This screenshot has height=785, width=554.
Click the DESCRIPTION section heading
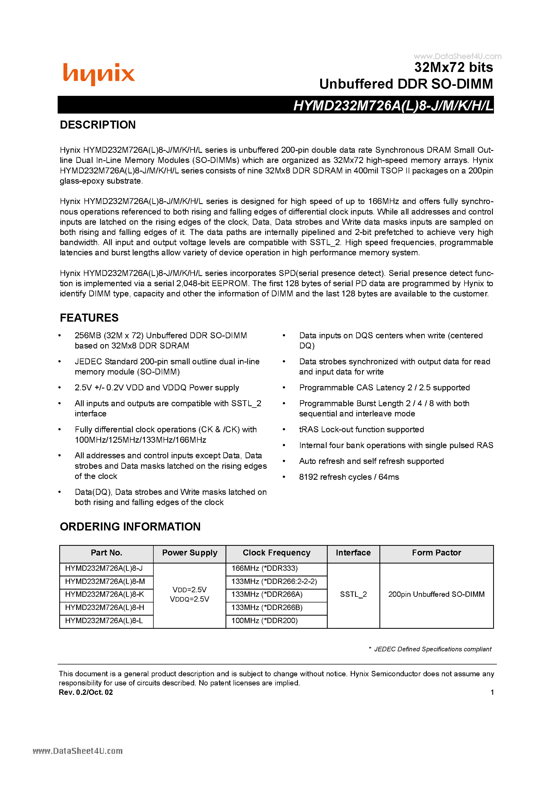[98, 125]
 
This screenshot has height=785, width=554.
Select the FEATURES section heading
[89, 318]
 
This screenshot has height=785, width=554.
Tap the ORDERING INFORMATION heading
[130, 526]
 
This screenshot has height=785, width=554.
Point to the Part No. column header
[106, 553]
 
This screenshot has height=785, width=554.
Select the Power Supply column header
[190, 553]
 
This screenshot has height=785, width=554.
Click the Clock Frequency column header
[276, 553]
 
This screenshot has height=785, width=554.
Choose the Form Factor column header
[436, 553]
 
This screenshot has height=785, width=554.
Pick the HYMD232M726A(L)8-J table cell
[104, 568]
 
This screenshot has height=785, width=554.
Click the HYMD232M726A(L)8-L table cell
[104, 620]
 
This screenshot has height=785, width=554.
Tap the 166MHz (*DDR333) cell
[264, 568]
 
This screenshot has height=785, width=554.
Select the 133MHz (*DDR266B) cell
[267, 608]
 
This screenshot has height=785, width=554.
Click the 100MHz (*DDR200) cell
[264, 620]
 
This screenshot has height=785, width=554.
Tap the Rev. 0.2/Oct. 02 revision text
[86, 692]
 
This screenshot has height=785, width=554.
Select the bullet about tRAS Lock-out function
[361, 430]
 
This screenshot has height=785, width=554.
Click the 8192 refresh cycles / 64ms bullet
[349, 477]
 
